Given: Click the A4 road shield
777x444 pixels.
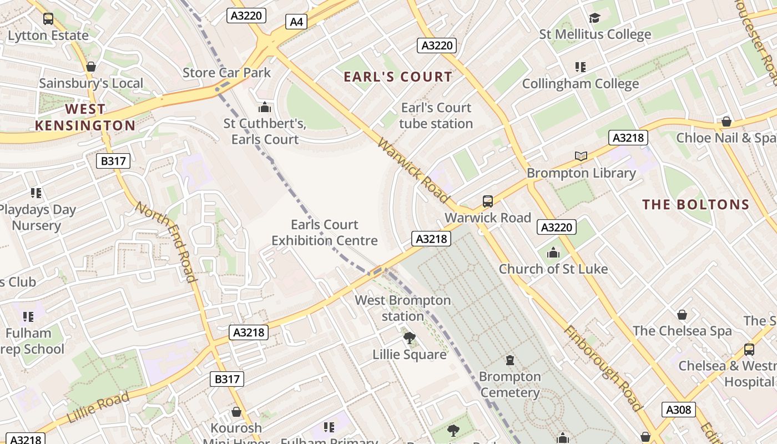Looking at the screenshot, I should coord(297,22).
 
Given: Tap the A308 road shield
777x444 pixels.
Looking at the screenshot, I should coord(678,410).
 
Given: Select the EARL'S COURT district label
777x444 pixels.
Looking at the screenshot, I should coord(398,77).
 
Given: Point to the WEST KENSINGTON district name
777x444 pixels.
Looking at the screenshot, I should coord(85,117).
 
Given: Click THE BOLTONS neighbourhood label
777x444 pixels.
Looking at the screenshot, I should coord(695,204).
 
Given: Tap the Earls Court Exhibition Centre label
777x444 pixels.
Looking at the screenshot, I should coord(324,233).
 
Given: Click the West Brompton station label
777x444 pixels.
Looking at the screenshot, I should coord(402,308).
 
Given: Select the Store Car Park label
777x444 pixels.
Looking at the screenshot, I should coord(226,73).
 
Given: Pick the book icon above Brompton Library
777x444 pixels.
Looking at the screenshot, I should coord(581,157).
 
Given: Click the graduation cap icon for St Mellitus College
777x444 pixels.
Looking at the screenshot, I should coord(594,18).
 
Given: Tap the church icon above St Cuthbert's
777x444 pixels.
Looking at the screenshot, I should coord(265,107).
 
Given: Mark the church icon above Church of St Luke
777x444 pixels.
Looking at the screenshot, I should coord(553,253).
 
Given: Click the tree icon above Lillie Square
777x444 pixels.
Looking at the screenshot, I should coord(409,337).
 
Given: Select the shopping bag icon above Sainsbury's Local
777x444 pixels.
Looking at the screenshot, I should coord(91,67).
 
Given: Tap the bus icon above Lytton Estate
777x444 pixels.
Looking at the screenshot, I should coord(48,19).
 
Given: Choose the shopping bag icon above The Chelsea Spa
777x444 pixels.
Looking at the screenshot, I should coord(682,315).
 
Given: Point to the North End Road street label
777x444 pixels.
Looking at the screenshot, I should coord(166,241).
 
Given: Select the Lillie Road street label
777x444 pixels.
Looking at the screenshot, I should coord(98,407).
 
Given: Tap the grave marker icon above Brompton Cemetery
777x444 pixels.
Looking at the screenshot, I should coord(510,360).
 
